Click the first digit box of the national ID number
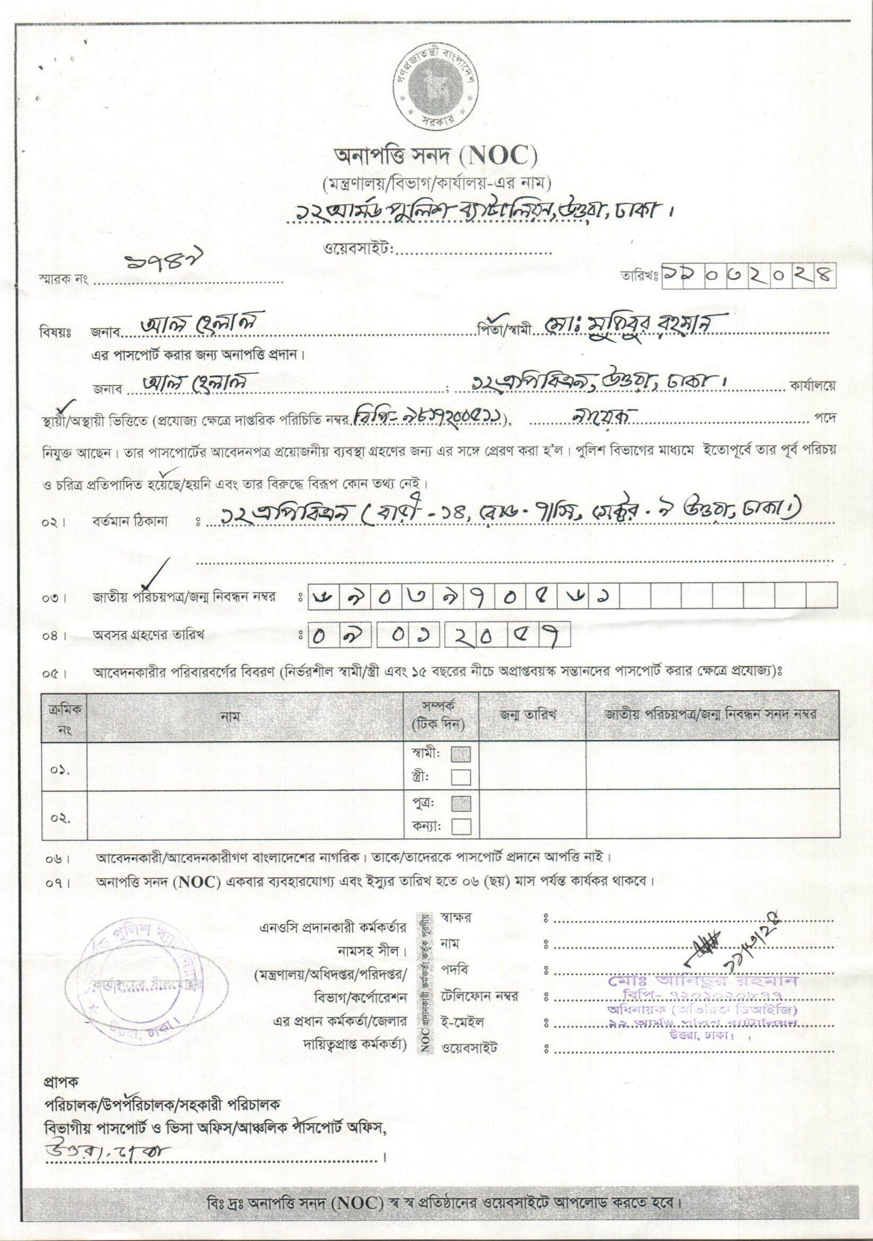[323, 598]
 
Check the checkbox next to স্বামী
[460, 754]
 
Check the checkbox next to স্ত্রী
[460, 777]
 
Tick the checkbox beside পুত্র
[460, 804]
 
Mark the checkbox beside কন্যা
[460, 827]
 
